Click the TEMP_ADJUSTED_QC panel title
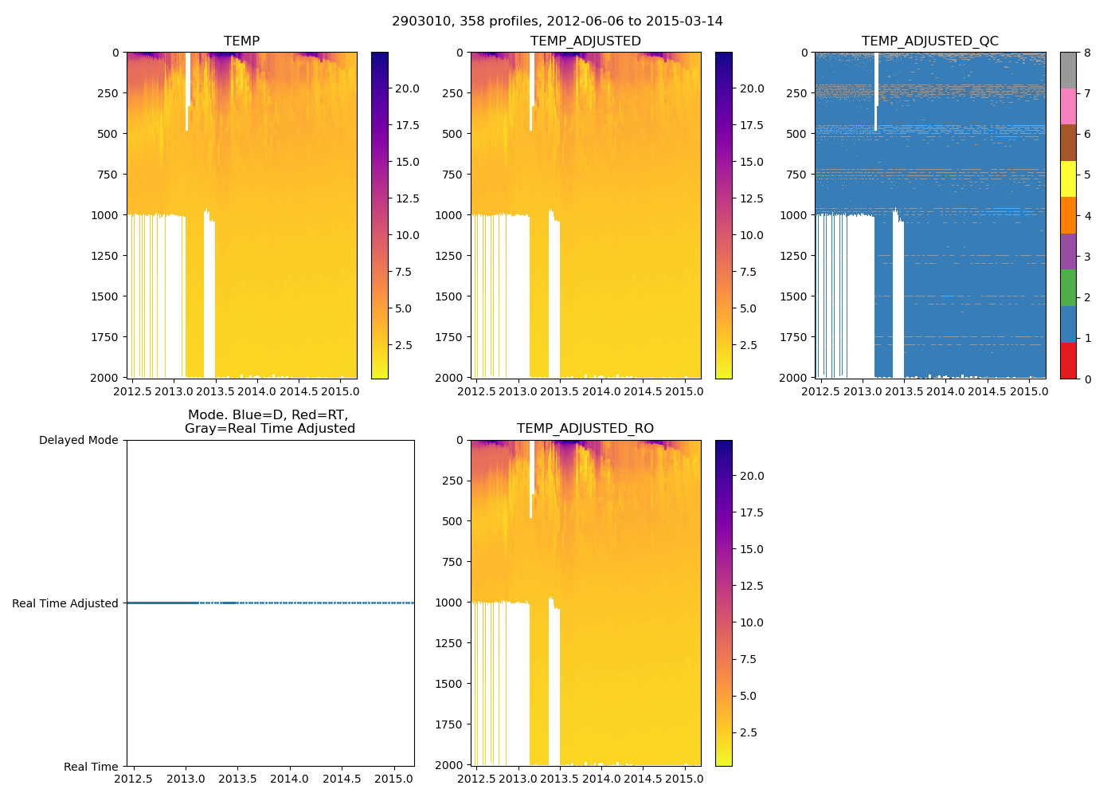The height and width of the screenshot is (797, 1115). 929,41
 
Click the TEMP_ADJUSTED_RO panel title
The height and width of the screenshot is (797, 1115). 585,429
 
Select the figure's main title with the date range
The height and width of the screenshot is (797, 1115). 557,22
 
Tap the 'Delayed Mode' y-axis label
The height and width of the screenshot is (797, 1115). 78,440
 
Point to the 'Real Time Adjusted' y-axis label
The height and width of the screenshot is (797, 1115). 65,603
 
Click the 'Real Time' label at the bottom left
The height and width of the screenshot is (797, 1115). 91,767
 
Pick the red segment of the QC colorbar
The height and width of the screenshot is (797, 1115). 1068,360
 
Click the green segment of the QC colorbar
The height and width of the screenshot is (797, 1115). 1068,288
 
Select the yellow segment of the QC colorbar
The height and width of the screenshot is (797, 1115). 1068,179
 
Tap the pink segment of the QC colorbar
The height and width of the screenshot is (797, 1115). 1068,107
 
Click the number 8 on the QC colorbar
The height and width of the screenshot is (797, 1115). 1087,53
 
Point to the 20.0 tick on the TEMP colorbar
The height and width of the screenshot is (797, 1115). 408,88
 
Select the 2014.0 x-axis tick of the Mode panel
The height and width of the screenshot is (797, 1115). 289,779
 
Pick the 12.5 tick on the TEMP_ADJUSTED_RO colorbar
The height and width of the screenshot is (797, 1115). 752,586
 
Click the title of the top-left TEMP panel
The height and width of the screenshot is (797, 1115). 241,41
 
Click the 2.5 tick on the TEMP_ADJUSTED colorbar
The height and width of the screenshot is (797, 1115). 752,345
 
